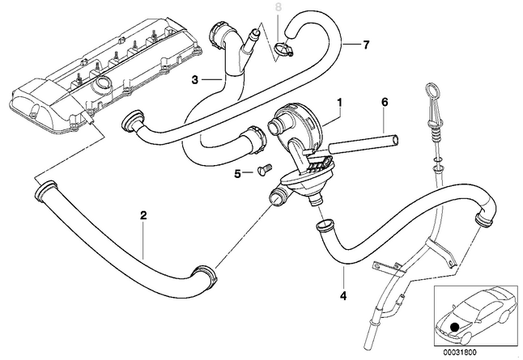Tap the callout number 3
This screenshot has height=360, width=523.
click(x=194, y=79)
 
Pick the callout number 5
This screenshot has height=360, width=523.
click(x=237, y=172)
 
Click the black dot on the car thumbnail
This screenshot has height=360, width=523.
click(x=455, y=326)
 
